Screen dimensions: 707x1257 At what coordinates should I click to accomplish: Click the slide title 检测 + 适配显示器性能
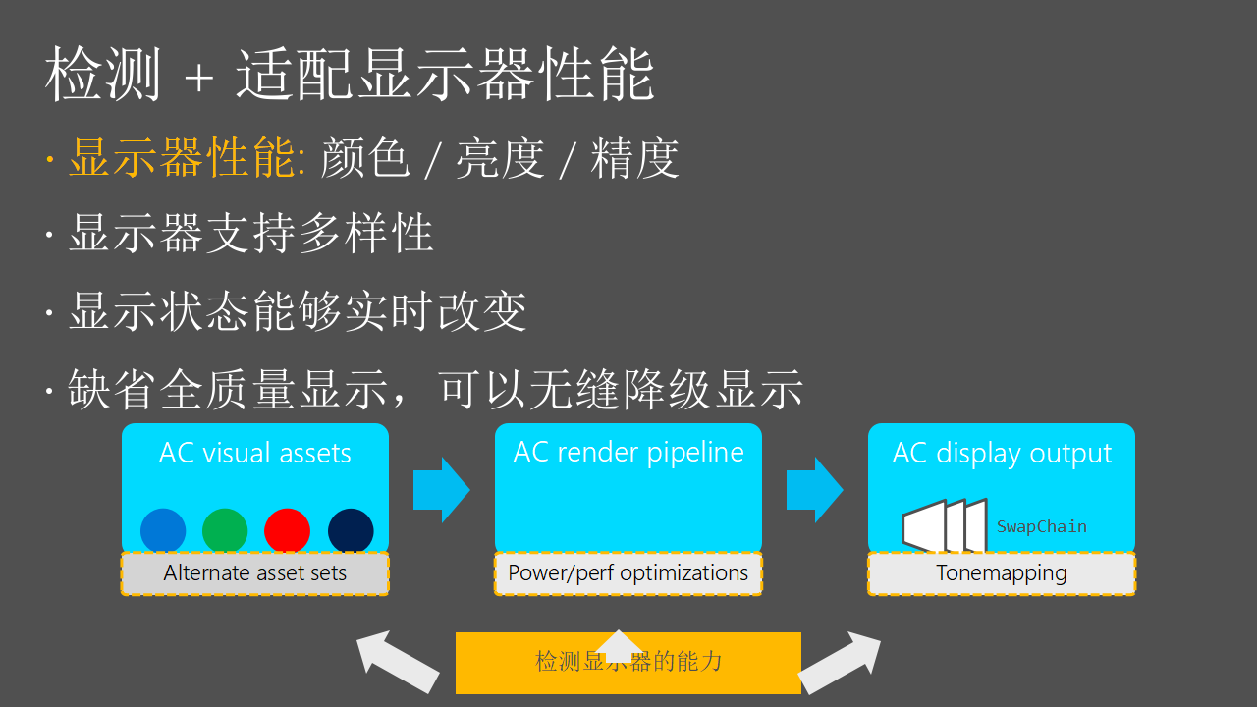click(349, 75)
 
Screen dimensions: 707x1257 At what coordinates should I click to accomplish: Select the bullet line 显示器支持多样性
click(250, 235)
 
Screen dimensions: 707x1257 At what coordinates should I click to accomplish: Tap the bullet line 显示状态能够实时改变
click(298, 311)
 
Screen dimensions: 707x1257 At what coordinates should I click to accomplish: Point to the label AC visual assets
click(255, 453)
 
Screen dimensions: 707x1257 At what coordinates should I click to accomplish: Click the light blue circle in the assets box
click(163, 530)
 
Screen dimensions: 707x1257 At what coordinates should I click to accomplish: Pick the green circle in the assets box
click(225, 530)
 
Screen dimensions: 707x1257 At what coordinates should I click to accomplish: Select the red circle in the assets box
click(287, 530)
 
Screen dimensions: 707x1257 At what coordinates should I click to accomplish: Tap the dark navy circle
click(351, 530)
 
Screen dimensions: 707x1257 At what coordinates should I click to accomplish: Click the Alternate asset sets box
click(255, 573)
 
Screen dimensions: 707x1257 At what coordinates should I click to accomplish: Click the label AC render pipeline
click(628, 452)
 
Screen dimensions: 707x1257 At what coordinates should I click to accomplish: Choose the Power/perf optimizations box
click(628, 573)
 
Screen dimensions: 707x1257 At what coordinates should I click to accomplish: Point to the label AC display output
click(1002, 453)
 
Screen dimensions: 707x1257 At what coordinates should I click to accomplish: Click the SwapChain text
click(1041, 526)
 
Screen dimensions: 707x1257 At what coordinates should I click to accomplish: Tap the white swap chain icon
click(943, 526)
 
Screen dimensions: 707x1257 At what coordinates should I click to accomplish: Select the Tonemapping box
click(1002, 573)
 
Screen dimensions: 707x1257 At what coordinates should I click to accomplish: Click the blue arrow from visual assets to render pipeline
click(441, 489)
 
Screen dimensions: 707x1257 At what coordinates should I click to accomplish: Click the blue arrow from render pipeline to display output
click(814, 489)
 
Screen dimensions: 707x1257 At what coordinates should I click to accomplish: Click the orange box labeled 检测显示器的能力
click(628, 663)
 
